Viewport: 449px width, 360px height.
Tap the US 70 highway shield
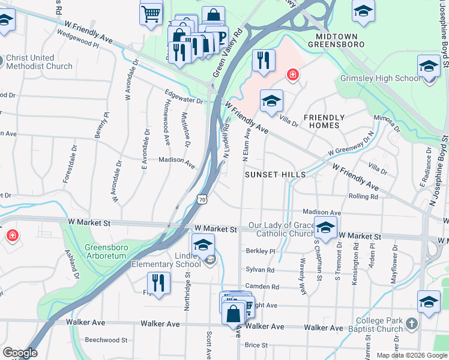click(x=202, y=199)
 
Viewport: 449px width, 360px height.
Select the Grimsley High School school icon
click(x=429, y=66)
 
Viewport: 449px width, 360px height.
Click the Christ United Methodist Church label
click(x=39, y=62)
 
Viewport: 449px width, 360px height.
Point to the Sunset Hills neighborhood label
click(x=276, y=175)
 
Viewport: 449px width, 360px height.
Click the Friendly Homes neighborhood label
click(x=324, y=121)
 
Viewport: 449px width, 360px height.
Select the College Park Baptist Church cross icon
click(x=411, y=325)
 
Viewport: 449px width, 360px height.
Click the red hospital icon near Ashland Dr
click(x=11, y=236)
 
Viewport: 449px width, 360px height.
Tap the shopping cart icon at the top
click(x=151, y=13)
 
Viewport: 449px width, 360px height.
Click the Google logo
click(x=20, y=353)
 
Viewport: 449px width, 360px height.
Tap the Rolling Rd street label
click(x=363, y=196)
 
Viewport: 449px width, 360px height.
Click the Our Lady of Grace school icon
click(x=325, y=228)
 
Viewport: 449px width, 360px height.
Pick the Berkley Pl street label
click(x=259, y=251)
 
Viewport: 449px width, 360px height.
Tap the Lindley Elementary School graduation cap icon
click(x=203, y=245)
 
